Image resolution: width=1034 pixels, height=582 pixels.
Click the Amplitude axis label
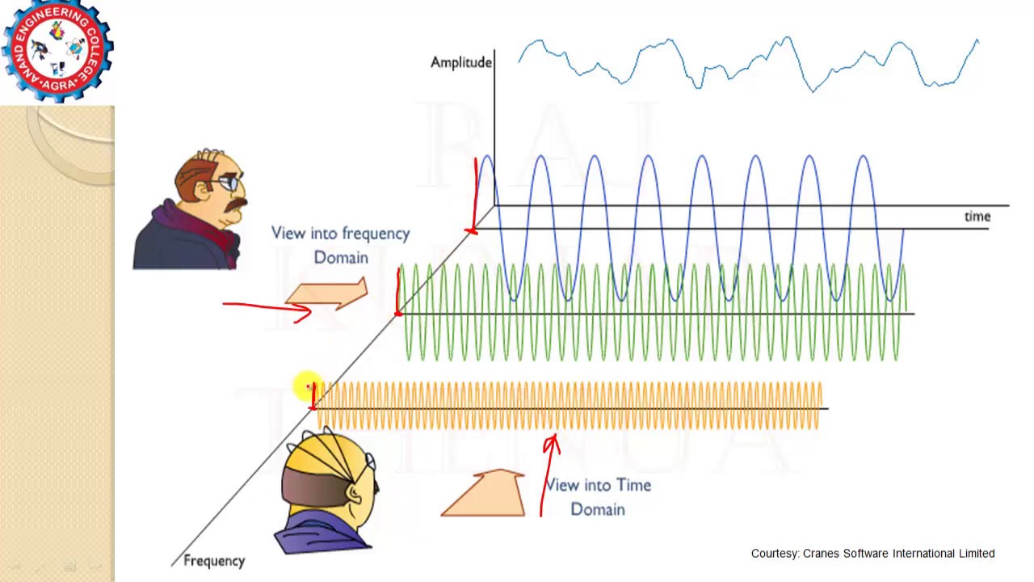coord(461,62)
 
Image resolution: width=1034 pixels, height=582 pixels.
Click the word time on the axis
coord(977,216)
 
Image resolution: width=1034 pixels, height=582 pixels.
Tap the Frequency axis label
coord(213,560)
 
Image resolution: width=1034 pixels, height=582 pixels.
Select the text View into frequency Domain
coord(340,245)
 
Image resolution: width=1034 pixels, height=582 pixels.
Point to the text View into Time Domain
coord(598,496)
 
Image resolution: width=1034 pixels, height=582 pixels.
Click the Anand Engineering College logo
coord(57,50)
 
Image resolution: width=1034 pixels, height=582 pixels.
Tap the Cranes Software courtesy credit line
coord(872,554)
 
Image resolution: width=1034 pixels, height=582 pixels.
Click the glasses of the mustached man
coord(229,183)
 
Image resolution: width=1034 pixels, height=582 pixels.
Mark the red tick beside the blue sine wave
coord(475,194)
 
